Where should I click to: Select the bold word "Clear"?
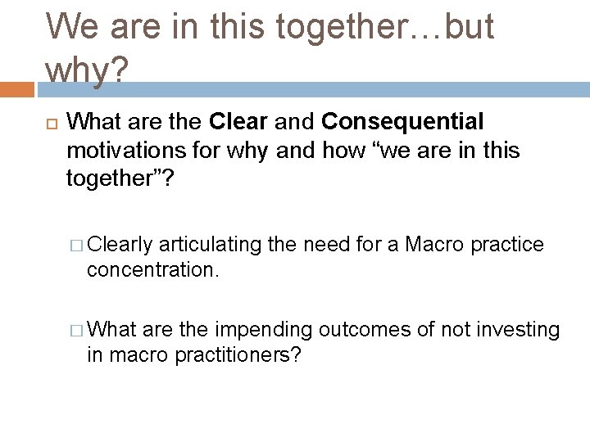click(238, 122)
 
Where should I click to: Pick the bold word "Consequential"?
click(402, 122)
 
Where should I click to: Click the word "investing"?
click(520, 330)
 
